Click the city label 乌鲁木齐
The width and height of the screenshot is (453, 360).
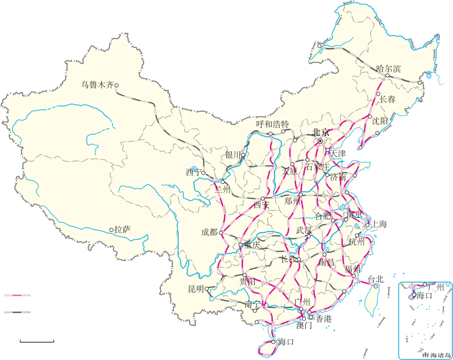(x=97, y=85)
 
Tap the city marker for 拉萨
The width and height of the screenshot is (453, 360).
(x=111, y=230)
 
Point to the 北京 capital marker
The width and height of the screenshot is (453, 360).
(x=320, y=141)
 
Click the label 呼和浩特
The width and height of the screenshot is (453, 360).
(x=272, y=124)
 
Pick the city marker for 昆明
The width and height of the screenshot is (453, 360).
(x=207, y=289)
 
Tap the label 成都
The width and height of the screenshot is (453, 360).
(x=209, y=232)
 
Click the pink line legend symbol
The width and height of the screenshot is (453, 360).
(x=17, y=295)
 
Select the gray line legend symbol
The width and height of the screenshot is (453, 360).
(x=17, y=312)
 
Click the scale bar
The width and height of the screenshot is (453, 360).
(x=37, y=341)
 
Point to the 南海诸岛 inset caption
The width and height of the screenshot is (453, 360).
(x=436, y=355)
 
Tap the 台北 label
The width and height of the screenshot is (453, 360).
(x=375, y=279)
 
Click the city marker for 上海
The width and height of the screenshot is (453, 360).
(x=367, y=225)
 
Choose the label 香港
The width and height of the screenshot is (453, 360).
(x=324, y=319)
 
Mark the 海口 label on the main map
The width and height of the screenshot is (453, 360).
(x=286, y=342)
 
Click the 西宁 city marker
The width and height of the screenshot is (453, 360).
(x=203, y=173)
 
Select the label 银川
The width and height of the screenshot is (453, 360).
(x=233, y=155)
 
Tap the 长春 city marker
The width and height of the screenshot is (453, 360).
(x=378, y=94)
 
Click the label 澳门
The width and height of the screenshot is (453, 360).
(x=304, y=325)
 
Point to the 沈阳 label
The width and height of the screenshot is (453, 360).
(x=380, y=121)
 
